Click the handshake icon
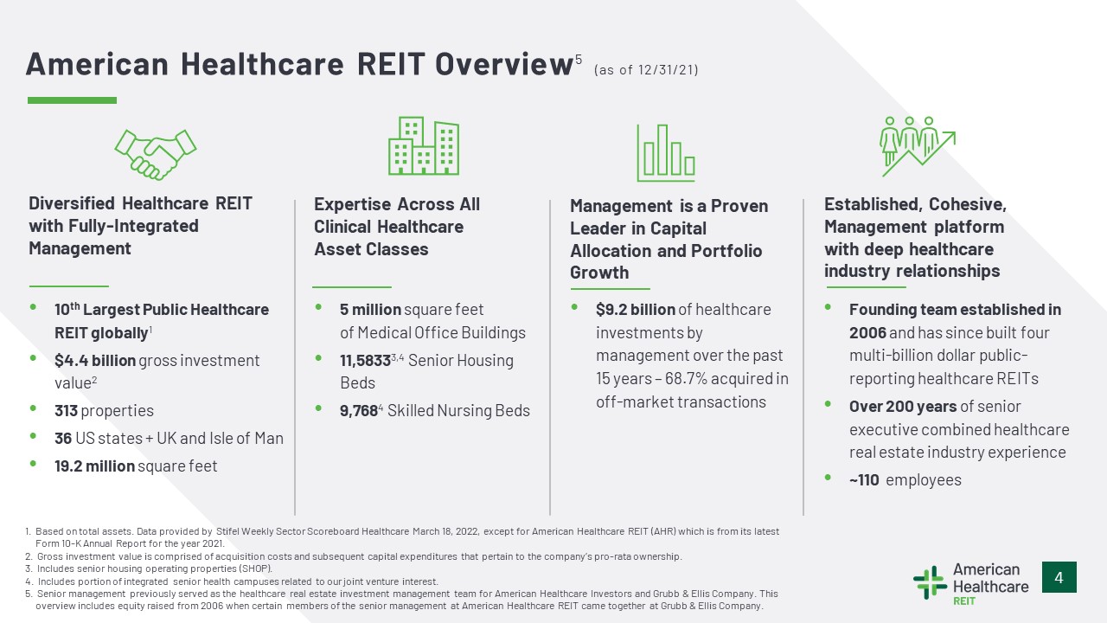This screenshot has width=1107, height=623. pos(155,154)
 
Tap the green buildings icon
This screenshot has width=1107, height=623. pos(424,146)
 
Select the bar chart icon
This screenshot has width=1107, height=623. pos(666,153)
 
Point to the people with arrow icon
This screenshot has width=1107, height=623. pos(918,146)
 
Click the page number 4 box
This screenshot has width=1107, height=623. pos(1059,577)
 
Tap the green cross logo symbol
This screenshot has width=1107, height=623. pos(930,582)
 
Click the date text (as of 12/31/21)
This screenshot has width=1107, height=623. pos(646,70)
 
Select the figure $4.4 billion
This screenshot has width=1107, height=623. pos(95,361)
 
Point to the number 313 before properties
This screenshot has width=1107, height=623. pos(67,411)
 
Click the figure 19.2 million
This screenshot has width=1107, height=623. pos(94,466)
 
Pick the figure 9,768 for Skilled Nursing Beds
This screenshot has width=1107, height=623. pos(359,411)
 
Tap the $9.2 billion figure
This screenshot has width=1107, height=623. pos(636,310)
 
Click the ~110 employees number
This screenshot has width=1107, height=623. pos(864,480)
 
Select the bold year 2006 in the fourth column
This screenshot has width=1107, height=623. pos(867,333)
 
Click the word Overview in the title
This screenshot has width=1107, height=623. pos(503,64)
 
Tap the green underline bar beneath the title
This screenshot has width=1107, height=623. pos(72,100)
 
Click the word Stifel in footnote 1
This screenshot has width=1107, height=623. pos(227,531)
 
